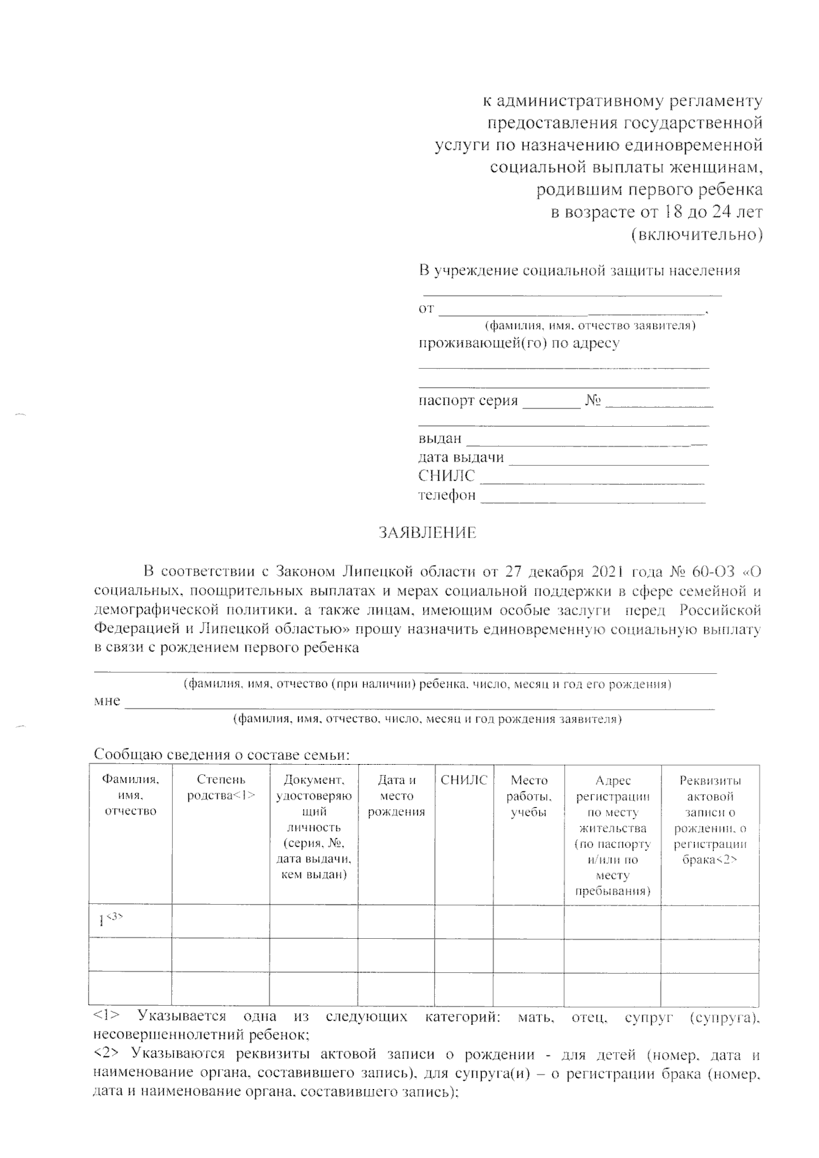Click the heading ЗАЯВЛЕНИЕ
(x=427, y=533)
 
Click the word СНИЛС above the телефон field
(x=446, y=476)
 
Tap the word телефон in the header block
(x=446, y=495)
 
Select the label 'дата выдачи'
(x=461, y=457)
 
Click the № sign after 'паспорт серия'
(x=592, y=401)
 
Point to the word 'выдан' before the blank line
(x=440, y=438)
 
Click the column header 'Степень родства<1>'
(x=220, y=788)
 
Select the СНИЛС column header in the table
(x=464, y=780)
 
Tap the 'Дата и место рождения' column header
(x=397, y=795)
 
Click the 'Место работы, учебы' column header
(x=529, y=795)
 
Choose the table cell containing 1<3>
(x=130, y=922)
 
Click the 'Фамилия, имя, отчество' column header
(x=130, y=795)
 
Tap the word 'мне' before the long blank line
(x=107, y=701)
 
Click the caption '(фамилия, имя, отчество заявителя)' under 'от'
(x=590, y=326)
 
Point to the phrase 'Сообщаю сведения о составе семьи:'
(x=222, y=755)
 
